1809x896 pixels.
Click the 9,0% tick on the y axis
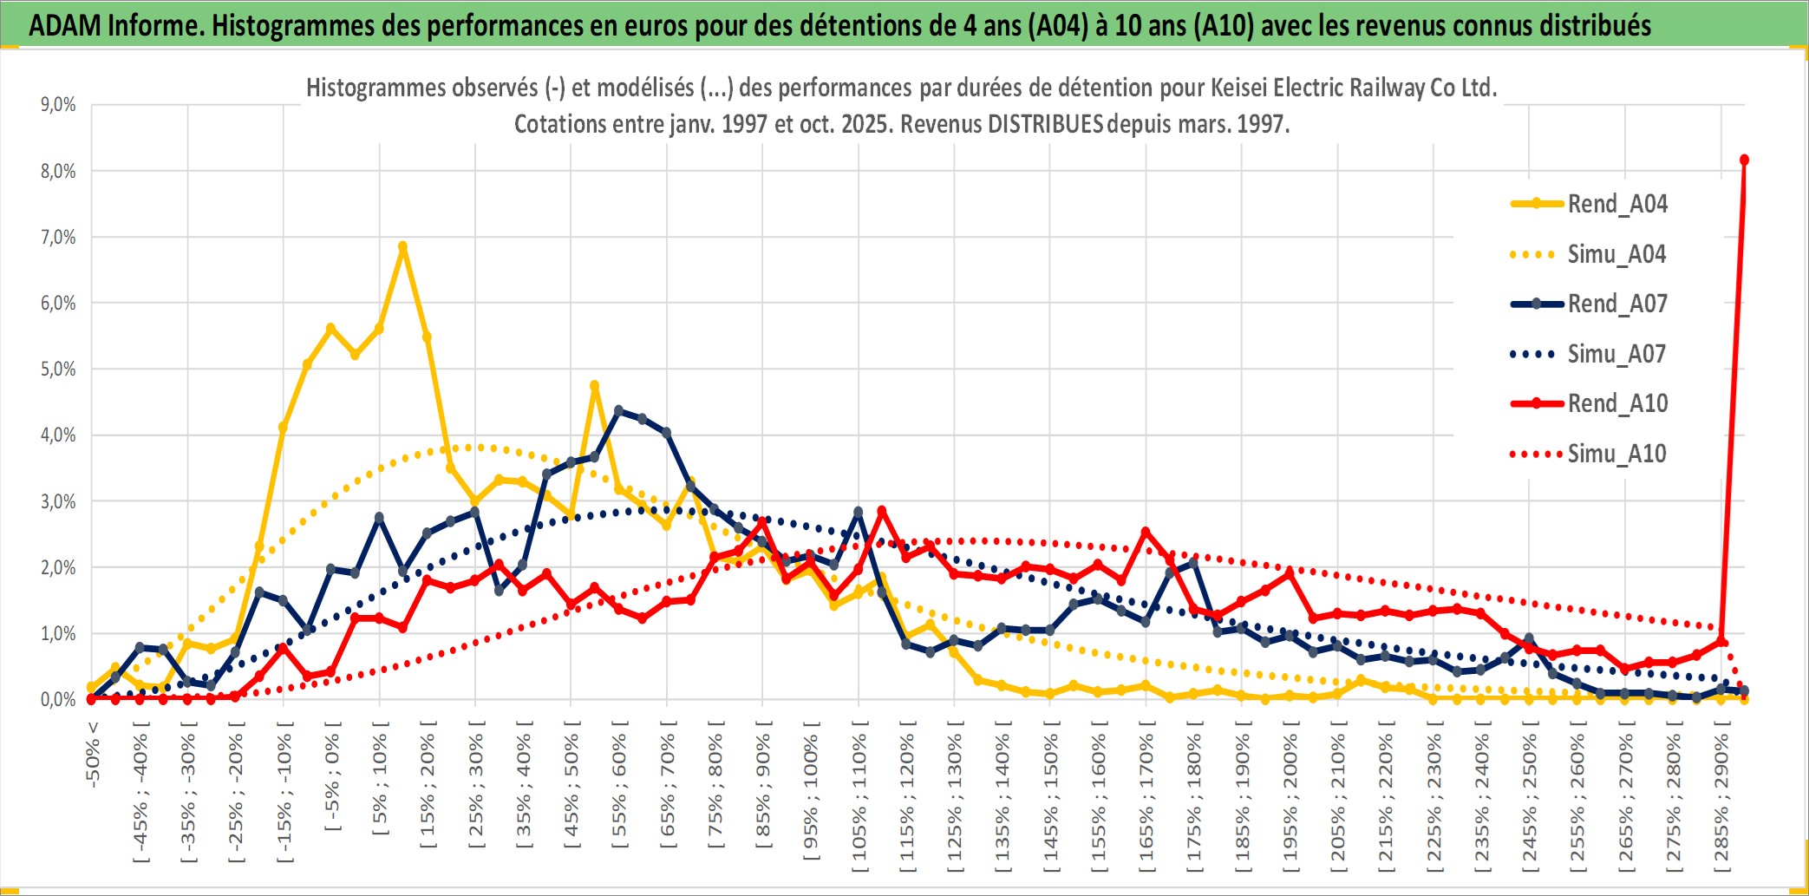coord(58,105)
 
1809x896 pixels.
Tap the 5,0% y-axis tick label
coord(58,370)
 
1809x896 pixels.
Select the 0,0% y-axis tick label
coord(58,699)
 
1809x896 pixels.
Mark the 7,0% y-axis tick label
coord(58,237)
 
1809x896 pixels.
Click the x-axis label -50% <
coord(93,755)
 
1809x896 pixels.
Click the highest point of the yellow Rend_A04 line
coord(402,246)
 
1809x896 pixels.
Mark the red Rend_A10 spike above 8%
coord(1744,160)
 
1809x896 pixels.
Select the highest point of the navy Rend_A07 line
coord(618,410)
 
